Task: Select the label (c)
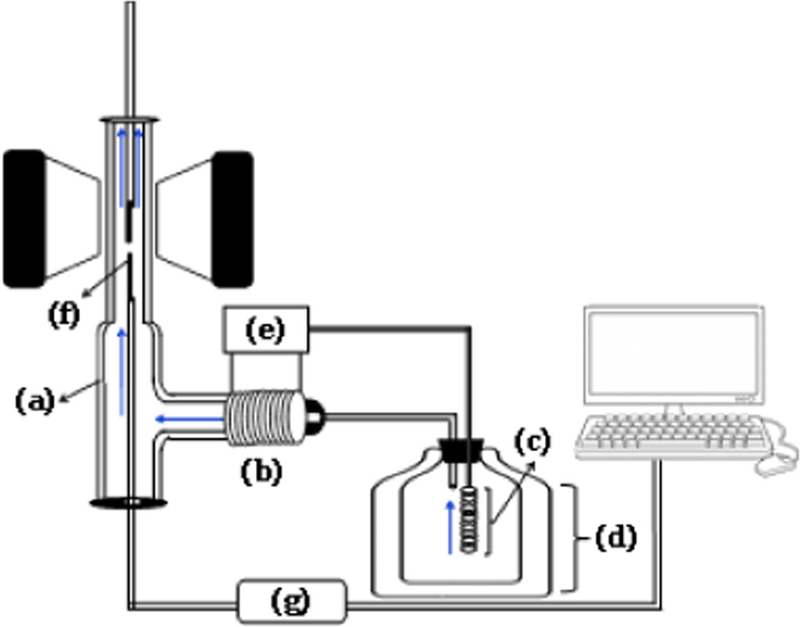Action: [x=532, y=441]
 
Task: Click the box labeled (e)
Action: [x=265, y=330]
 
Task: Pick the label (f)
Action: [x=64, y=315]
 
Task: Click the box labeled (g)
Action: [x=291, y=602]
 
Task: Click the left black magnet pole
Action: [x=24, y=218]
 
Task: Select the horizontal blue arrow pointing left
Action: [x=188, y=418]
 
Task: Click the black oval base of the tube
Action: [x=127, y=502]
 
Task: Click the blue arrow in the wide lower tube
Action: [x=121, y=372]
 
